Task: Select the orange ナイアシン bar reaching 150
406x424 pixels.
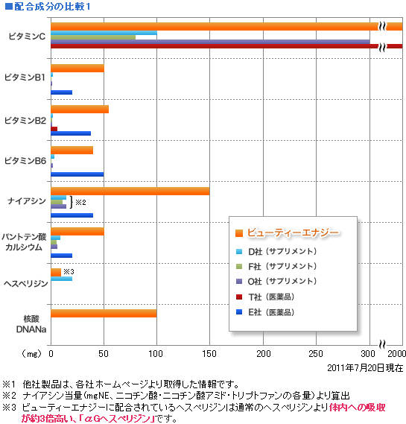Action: (130, 192)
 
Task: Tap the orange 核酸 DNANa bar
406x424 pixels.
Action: (104, 314)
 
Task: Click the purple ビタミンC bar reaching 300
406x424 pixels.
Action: (210, 42)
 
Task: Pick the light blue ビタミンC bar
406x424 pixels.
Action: (104, 33)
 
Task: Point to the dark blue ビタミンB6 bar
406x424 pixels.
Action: (77, 174)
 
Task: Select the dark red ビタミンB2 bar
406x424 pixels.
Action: (54, 129)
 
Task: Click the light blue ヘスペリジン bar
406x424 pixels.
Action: (61, 279)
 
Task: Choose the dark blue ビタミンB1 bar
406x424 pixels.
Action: (61, 92)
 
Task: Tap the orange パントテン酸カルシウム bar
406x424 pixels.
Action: (77, 232)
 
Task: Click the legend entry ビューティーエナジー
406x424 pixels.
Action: (293, 232)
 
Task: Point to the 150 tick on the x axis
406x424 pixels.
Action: (209, 354)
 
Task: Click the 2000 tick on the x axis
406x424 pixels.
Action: (397, 354)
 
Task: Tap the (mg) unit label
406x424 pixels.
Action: (32, 353)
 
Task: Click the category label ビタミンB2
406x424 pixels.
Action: (25, 120)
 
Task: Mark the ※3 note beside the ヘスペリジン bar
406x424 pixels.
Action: (69, 271)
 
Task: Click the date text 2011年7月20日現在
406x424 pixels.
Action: (365, 368)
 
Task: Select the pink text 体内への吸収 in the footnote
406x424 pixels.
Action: (357, 408)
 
